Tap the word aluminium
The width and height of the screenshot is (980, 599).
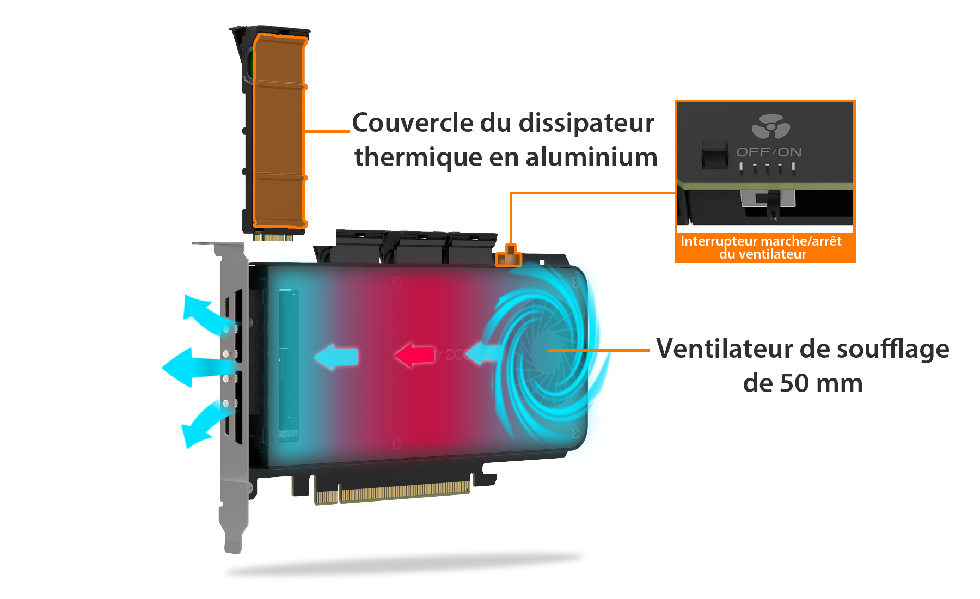(591, 157)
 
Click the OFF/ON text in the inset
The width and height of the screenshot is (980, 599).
(769, 152)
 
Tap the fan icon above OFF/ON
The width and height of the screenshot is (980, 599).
(770, 127)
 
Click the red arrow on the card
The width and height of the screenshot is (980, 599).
(414, 355)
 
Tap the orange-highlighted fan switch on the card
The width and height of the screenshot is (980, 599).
(509, 256)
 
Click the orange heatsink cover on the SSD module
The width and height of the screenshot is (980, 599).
(279, 131)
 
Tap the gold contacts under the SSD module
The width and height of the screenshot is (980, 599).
(273, 237)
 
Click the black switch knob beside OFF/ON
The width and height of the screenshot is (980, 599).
(714, 155)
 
